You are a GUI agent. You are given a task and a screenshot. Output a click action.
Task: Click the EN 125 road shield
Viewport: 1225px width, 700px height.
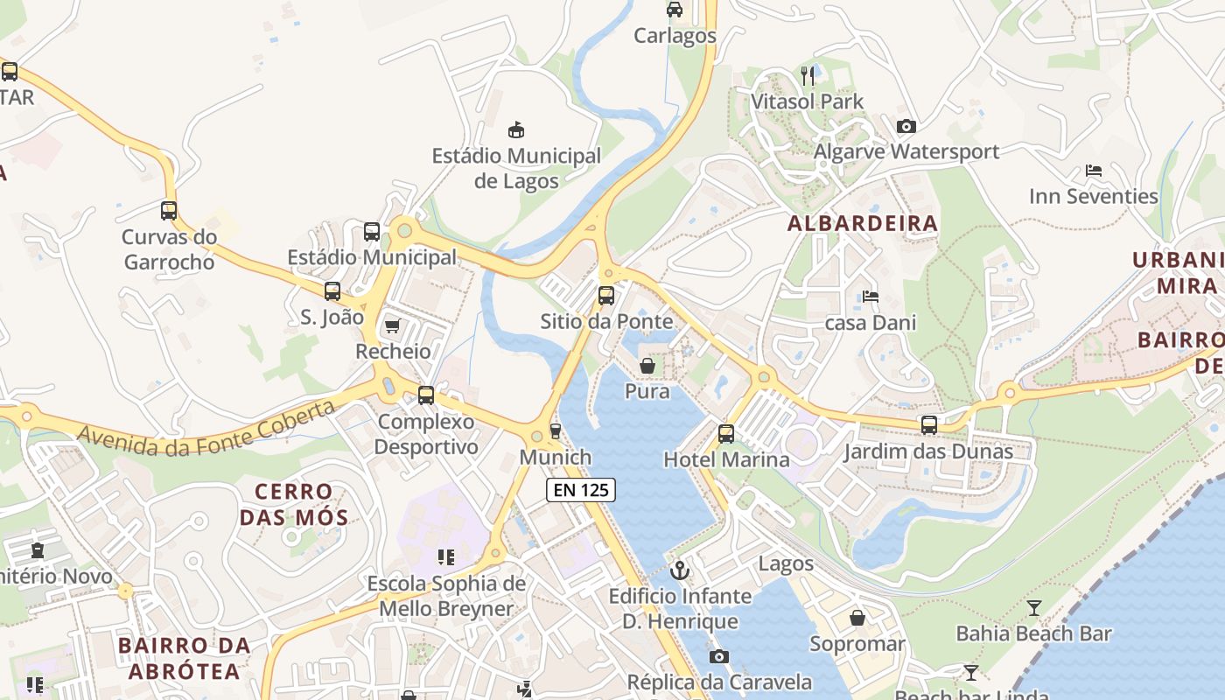[581, 490]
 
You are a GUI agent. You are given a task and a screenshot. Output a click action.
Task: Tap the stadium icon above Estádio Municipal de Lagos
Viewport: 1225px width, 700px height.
[516, 130]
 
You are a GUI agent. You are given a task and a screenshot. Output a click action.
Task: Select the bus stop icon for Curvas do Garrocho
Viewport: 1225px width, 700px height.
[169, 211]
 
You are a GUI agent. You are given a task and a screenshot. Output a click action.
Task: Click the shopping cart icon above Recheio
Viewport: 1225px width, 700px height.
[393, 326]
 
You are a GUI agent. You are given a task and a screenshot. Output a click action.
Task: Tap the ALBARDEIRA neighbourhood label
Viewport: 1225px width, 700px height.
[862, 223]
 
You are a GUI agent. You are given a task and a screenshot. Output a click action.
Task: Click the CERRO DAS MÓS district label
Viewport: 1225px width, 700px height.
[293, 504]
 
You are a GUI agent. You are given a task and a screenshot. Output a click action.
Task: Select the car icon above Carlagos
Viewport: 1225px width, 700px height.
[675, 10]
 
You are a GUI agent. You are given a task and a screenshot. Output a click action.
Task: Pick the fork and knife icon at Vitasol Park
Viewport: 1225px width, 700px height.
[808, 76]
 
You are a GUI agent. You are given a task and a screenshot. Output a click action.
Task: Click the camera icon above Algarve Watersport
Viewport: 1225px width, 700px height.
[906, 126]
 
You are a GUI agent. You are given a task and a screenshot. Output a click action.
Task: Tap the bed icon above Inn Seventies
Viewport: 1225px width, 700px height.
[1093, 171]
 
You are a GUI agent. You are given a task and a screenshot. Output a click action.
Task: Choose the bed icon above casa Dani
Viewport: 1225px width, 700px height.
[870, 297]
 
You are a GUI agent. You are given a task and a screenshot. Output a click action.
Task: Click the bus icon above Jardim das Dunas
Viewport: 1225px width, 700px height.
[928, 425]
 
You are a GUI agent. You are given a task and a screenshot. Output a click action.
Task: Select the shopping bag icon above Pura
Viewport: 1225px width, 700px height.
[647, 366]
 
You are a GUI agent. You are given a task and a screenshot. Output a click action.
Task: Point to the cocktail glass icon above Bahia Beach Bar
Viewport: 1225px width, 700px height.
[1033, 607]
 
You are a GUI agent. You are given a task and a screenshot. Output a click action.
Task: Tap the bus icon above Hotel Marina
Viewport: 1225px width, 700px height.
[725, 433]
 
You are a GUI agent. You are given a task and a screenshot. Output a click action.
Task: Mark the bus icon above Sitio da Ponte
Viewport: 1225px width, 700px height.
[605, 296]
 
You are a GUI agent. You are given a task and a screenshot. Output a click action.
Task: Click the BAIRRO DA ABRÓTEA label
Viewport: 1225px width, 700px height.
[184, 658]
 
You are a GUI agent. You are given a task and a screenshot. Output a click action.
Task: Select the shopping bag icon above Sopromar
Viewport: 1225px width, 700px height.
[857, 618]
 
